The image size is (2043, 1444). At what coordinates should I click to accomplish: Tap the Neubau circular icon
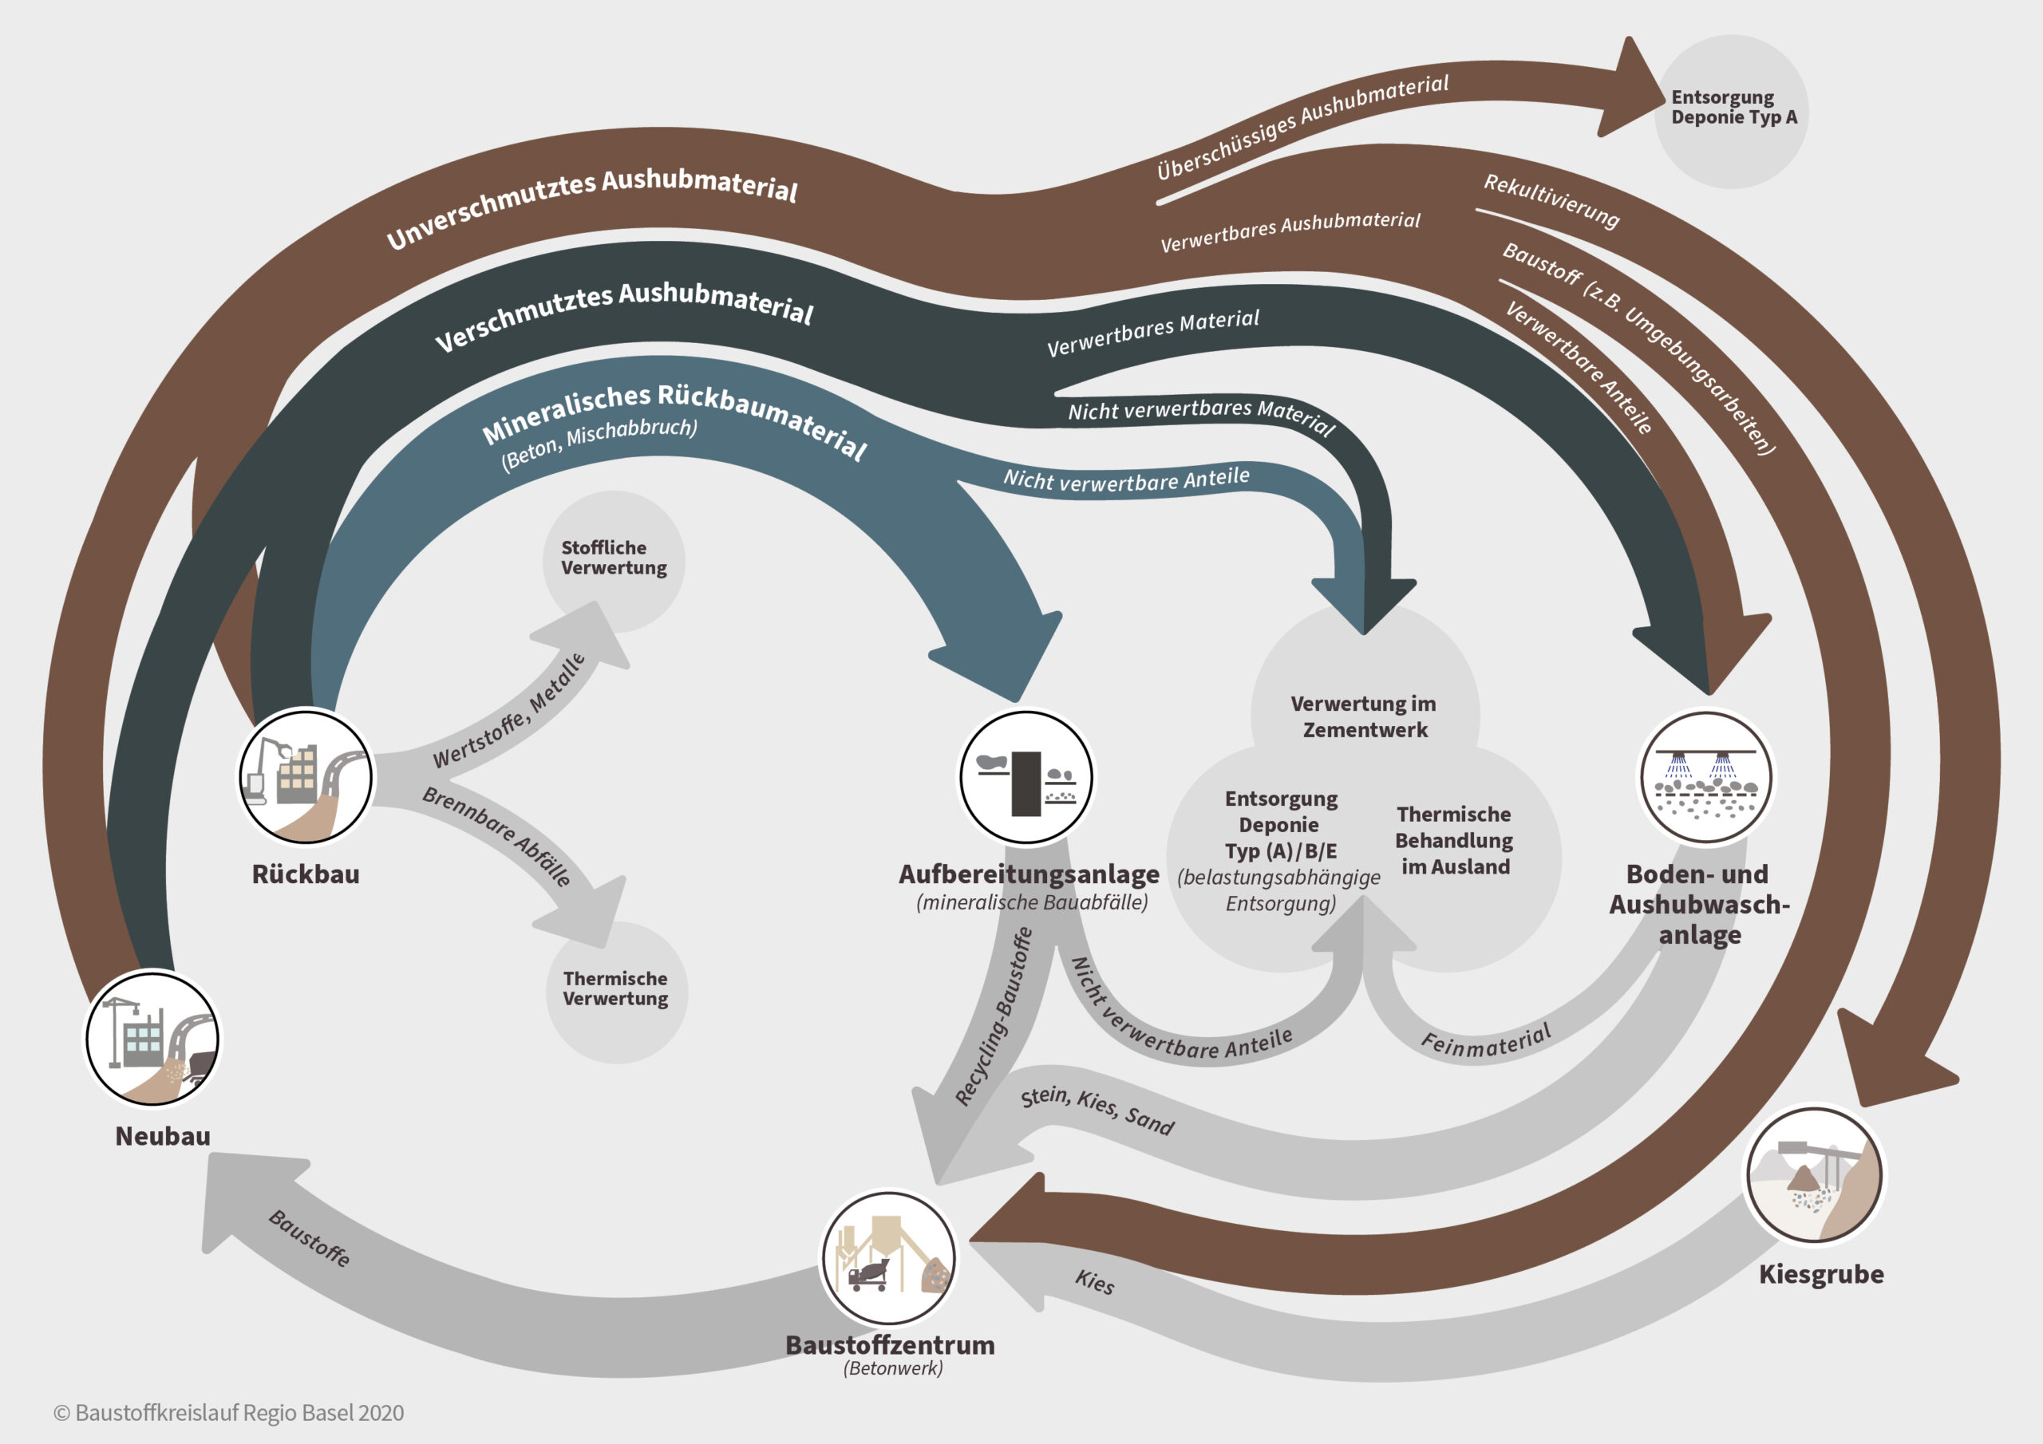[152, 1038]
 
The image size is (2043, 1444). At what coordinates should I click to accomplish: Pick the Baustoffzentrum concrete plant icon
[888, 1258]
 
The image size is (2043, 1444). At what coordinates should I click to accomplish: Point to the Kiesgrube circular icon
[1813, 1174]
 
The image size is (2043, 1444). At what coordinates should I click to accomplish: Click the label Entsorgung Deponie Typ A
[1733, 107]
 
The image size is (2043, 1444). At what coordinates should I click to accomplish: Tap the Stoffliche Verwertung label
[613, 558]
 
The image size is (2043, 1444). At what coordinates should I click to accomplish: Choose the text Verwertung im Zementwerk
[1364, 716]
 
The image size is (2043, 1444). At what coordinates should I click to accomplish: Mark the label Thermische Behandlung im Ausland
[1454, 840]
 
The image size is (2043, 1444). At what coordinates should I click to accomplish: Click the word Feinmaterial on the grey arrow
[1485, 1041]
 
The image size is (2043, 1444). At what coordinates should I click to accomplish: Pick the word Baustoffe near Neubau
[310, 1237]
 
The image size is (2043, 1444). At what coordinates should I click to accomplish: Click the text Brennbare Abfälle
[496, 835]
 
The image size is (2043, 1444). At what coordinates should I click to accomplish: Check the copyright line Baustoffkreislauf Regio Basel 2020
[230, 1412]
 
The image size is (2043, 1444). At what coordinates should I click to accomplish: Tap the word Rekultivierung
[1551, 202]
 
